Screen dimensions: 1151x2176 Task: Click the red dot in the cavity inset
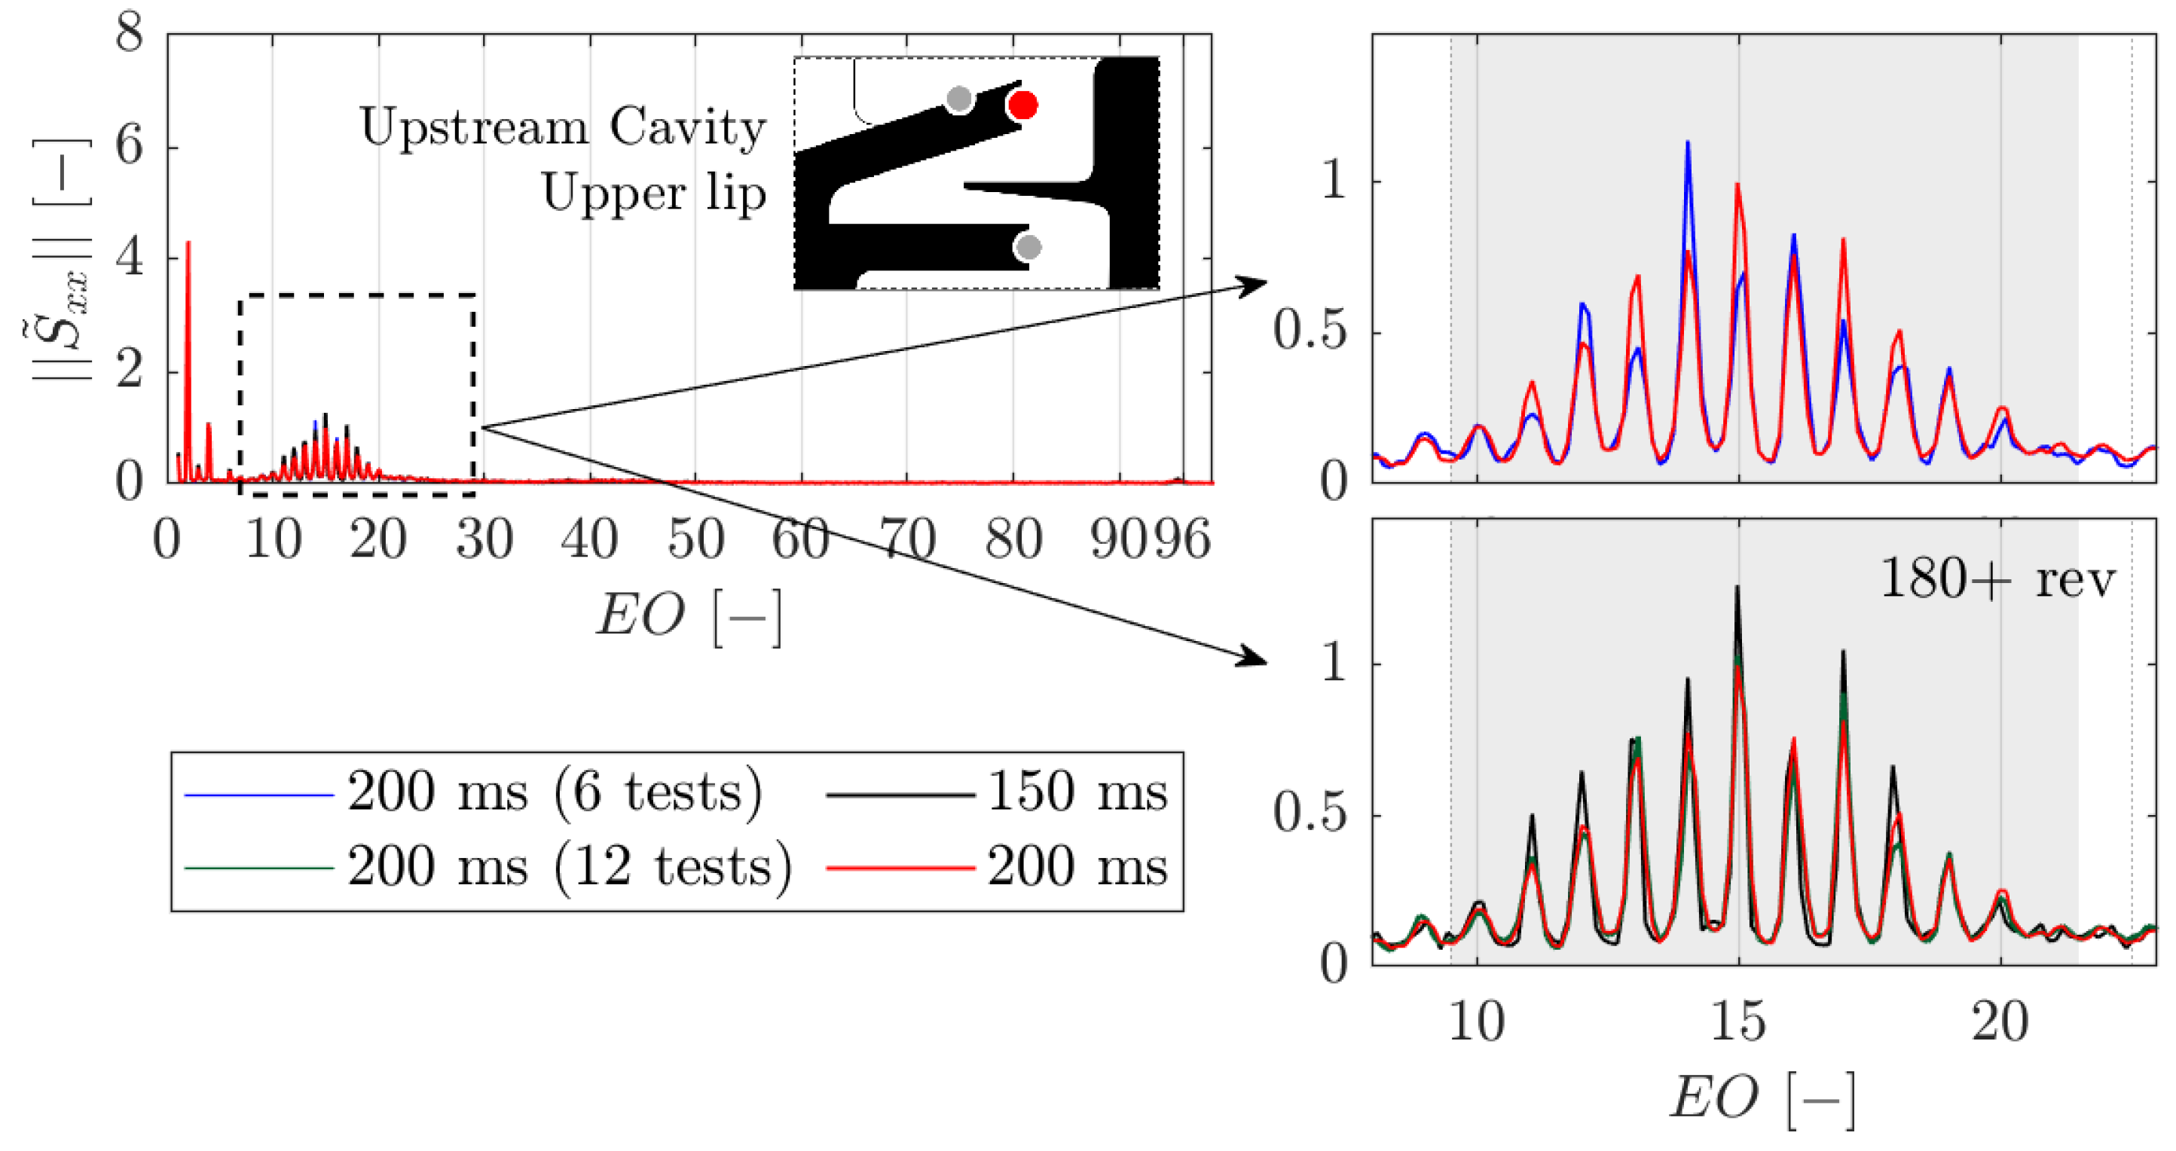pos(1023,105)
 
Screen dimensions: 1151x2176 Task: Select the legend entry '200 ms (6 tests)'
pos(554,793)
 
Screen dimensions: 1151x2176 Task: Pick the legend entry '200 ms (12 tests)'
pos(570,867)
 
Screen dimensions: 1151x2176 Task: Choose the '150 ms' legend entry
pos(1077,793)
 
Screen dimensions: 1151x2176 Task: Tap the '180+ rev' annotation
pos(1997,580)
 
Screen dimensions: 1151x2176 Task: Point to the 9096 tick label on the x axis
pos(1151,539)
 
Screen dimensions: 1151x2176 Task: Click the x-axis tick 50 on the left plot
pos(695,539)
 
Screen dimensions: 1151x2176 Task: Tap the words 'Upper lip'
pos(654,194)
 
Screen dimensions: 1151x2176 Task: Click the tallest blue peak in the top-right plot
pos(1687,144)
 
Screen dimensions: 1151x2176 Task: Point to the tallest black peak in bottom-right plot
pos(1737,588)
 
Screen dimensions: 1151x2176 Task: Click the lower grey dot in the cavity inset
pos(1028,247)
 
